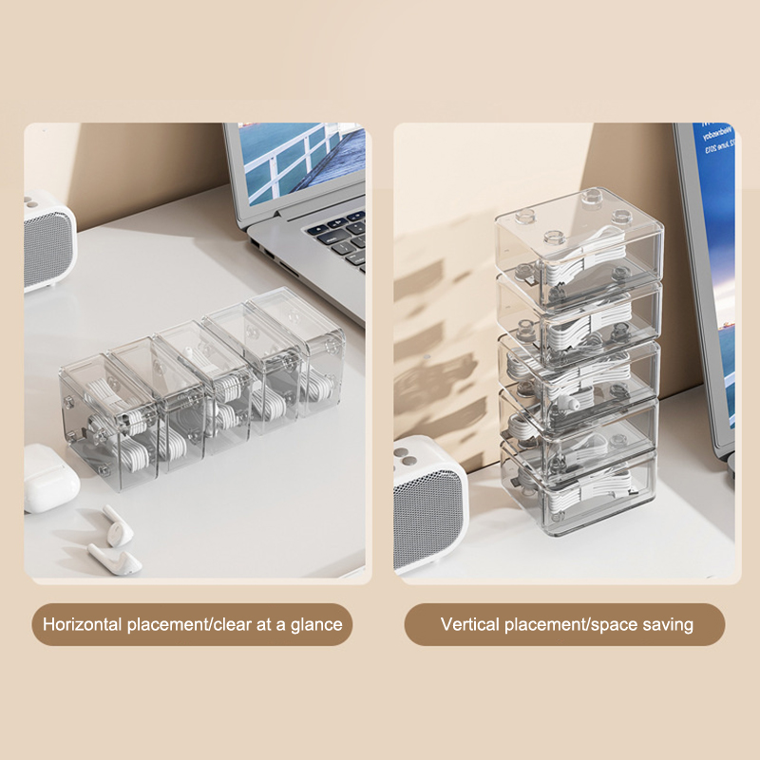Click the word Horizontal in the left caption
[83, 624]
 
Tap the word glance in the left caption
[316, 625]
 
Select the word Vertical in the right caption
[470, 624]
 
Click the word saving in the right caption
[668, 625]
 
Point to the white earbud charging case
[50, 478]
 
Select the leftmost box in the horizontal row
[109, 422]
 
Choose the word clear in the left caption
[233, 624]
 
